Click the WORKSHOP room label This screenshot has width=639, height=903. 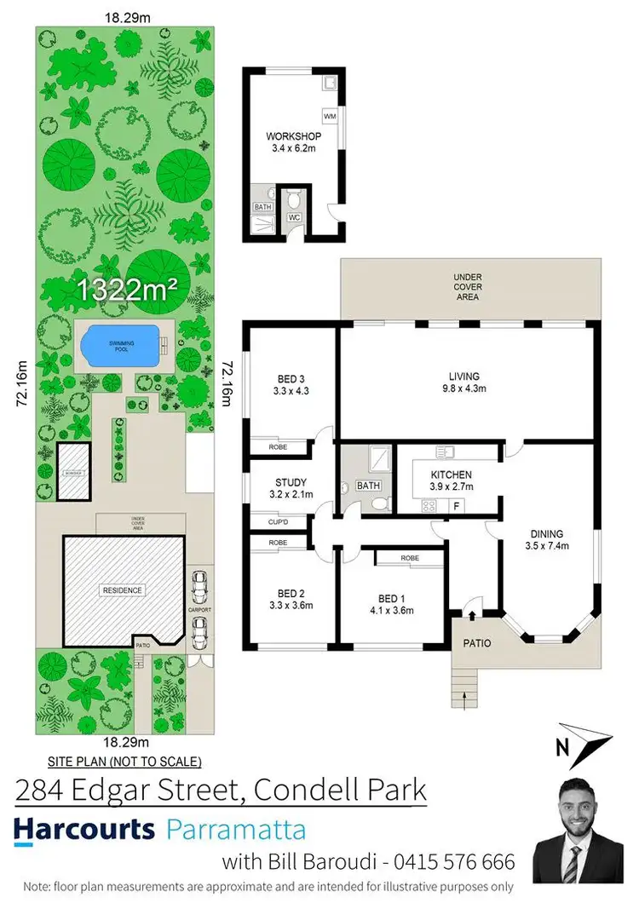(292, 136)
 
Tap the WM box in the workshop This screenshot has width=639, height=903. (330, 115)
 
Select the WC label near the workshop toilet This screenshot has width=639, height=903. (294, 217)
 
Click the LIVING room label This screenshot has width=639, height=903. (464, 376)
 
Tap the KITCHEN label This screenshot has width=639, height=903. (451, 475)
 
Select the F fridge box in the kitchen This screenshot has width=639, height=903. (458, 505)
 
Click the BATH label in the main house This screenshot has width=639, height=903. (368, 486)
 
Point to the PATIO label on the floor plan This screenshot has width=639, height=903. (476, 643)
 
